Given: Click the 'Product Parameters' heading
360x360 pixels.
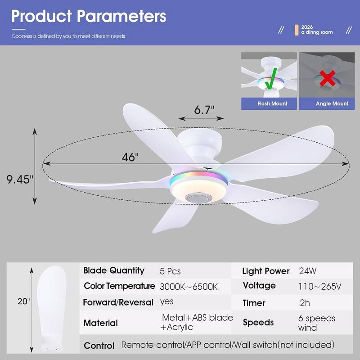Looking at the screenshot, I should pos(89,17).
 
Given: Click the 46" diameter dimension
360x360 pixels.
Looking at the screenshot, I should pos(130,157).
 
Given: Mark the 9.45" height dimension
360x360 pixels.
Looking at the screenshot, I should pos(20,180).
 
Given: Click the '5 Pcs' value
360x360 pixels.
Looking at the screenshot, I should pos(170,271).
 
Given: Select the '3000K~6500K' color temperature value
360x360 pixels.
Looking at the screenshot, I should pos(189,286).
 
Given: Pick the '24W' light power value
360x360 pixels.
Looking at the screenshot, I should pos(308,271).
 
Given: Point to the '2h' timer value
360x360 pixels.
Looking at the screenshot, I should pos(305,303).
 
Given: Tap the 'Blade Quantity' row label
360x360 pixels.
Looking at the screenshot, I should pos(114,270).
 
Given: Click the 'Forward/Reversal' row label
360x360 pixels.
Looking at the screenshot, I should pos(118,302).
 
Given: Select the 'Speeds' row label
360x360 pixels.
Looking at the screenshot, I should pos(258,322).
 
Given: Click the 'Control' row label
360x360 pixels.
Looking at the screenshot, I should pos(99,346).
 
